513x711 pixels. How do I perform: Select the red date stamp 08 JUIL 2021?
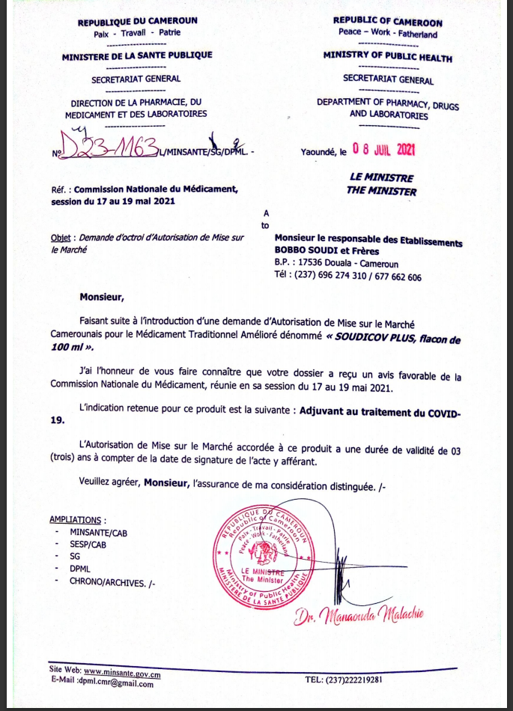coord(383,150)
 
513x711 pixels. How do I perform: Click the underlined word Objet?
coord(61,237)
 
